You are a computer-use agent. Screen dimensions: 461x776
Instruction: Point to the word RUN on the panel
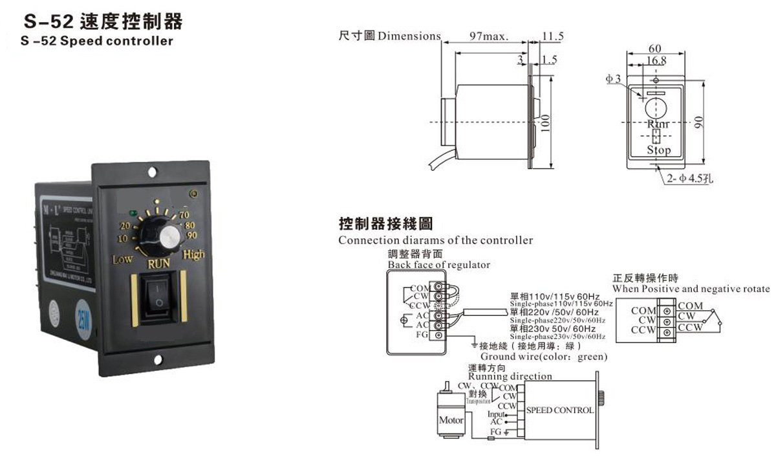pos(159,264)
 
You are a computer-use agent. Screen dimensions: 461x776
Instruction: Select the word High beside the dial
pos(194,254)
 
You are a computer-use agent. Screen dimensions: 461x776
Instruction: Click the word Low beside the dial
pos(122,260)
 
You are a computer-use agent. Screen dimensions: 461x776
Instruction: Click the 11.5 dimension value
pos(554,36)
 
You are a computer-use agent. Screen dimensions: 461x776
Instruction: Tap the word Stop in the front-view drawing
pos(659,150)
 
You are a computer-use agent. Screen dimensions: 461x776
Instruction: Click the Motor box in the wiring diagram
pos(451,420)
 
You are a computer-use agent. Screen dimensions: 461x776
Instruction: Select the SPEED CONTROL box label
pos(559,410)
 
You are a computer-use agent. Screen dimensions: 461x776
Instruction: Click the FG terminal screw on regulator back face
pos(439,335)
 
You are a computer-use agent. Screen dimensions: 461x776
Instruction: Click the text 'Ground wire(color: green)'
pos(544,357)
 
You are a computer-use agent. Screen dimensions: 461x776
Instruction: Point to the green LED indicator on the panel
pos(133,212)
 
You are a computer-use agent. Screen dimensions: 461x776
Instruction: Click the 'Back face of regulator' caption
pos(439,265)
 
